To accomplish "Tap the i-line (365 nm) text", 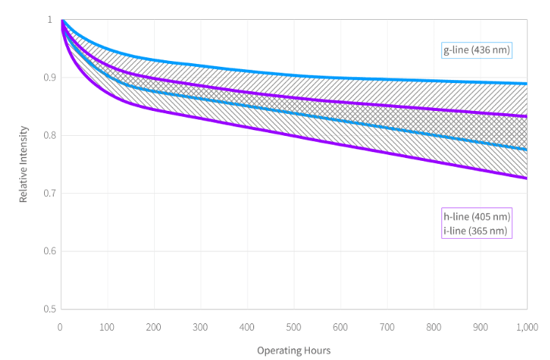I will (475, 230).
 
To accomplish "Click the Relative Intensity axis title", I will (23, 164).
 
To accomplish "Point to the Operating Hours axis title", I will (294, 350).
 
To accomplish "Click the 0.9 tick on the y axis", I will (48, 77).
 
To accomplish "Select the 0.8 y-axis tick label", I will (48, 135).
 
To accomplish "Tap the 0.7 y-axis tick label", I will (48, 193).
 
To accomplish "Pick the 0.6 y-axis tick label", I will (48, 251).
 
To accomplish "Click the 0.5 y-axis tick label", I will (48, 309).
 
